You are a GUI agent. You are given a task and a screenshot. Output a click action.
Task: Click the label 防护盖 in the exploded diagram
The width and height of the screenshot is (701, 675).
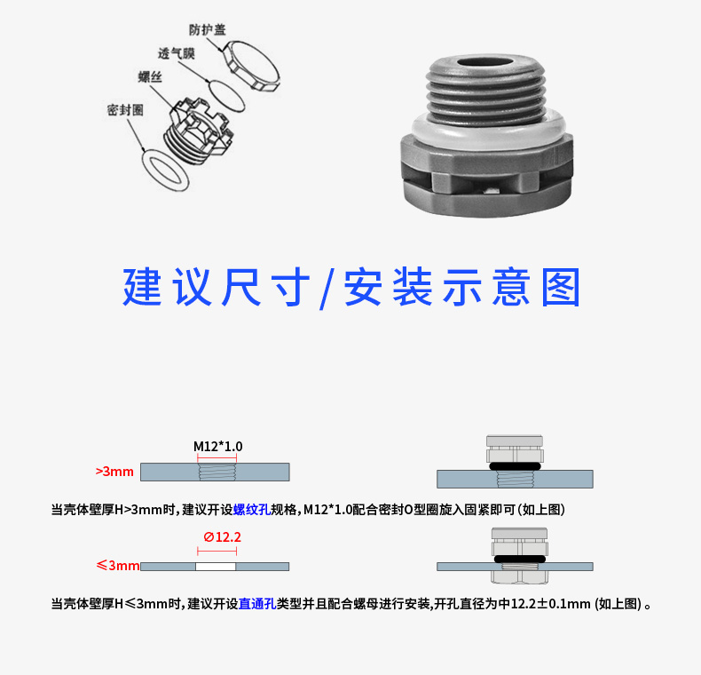[x=207, y=30]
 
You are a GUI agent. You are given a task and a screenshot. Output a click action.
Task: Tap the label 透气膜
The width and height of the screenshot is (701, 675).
[x=177, y=53]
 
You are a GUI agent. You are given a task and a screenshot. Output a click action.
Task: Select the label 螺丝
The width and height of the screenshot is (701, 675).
[x=150, y=77]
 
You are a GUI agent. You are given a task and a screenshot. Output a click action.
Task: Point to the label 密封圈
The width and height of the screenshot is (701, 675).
[x=125, y=110]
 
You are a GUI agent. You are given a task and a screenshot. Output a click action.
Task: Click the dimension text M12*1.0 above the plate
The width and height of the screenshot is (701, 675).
[x=217, y=446]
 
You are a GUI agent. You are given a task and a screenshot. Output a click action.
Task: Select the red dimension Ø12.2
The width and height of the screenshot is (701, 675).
[x=222, y=536]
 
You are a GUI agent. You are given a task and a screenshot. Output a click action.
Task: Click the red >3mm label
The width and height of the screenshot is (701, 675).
[x=114, y=472]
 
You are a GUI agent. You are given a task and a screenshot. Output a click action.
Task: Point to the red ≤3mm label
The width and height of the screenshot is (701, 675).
[x=118, y=566]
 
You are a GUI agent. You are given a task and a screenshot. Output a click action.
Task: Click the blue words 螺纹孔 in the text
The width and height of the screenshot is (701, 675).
[x=252, y=510]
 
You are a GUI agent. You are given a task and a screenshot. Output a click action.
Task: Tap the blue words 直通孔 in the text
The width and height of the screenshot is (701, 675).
[x=257, y=604]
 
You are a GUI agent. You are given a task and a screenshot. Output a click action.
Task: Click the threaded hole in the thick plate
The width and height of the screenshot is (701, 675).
[x=217, y=472]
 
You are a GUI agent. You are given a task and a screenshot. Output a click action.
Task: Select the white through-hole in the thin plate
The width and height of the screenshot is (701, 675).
[x=216, y=567]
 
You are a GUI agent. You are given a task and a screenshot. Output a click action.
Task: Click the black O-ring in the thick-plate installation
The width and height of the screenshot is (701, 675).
[x=515, y=466]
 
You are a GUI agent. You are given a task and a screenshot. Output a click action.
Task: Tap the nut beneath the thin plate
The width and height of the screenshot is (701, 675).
[x=519, y=577]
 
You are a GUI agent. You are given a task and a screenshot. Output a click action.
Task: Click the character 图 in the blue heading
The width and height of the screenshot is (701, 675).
[x=561, y=288]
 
